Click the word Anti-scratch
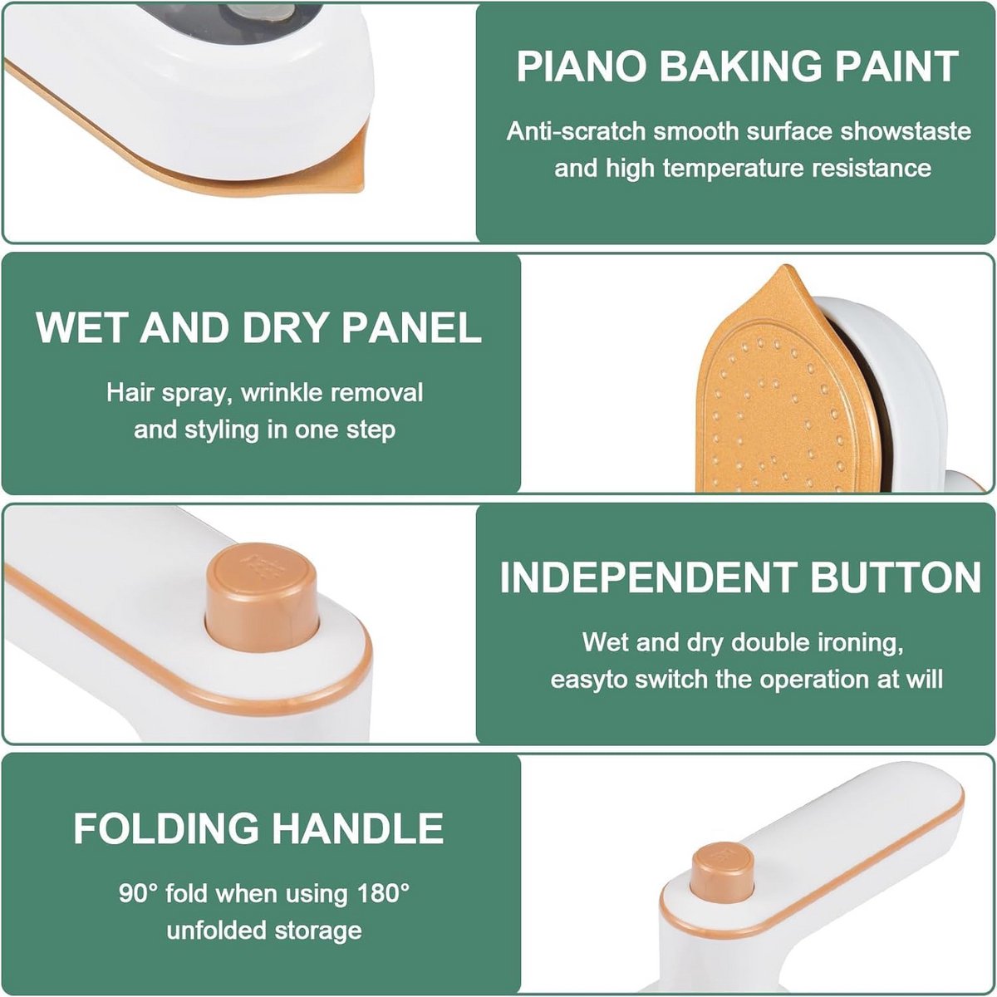[x=576, y=131]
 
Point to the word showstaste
[x=906, y=131]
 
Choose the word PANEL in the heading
[x=411, y=327]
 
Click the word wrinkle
[x=280, y=393]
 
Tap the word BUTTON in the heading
[x=896, y=577]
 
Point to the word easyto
[x=589, y=680]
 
